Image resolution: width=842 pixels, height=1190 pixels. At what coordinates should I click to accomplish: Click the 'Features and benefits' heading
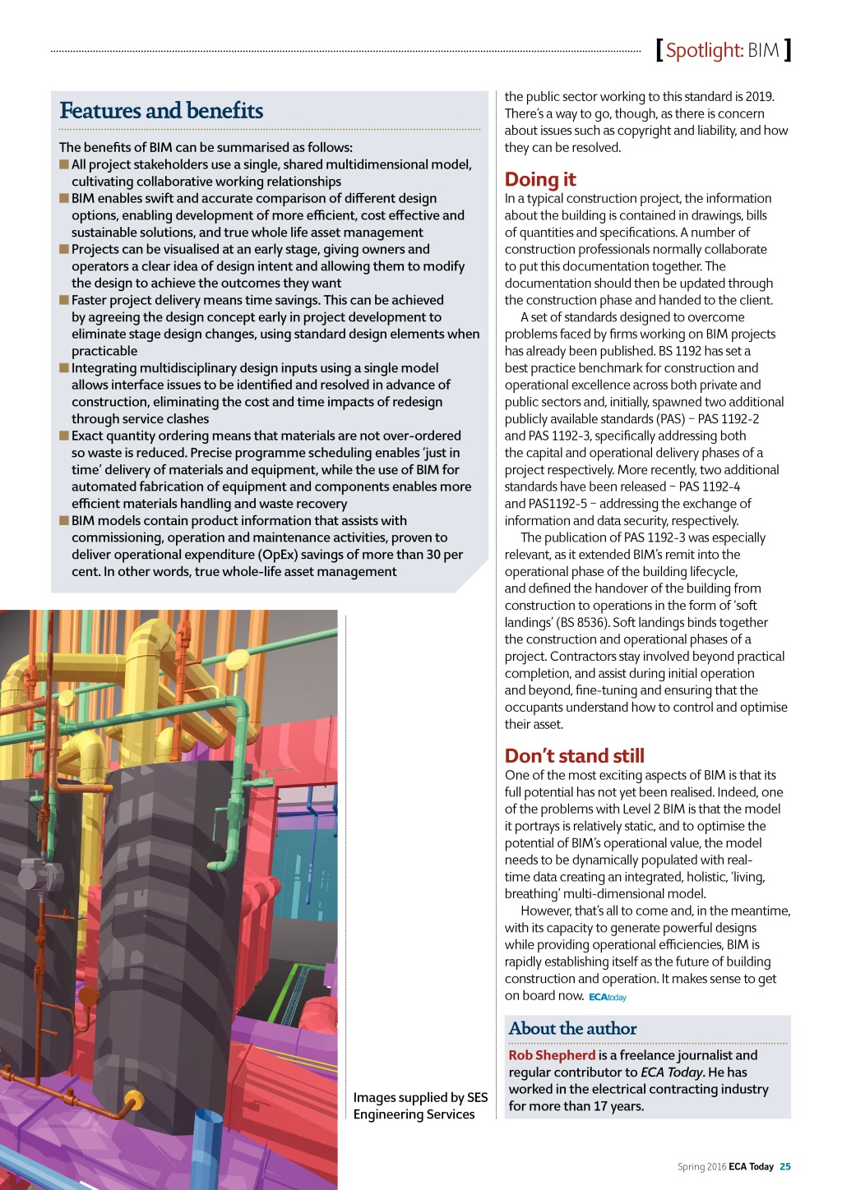tap(161, 111)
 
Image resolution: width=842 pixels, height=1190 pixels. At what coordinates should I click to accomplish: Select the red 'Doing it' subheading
tap(540, 179)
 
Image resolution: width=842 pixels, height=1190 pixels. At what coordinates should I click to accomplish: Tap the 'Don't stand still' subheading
tap(574, 755)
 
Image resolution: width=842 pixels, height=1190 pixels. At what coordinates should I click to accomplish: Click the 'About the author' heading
tap(572, 1028)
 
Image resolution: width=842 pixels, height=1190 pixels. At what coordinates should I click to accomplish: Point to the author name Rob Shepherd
tap(552, 1055)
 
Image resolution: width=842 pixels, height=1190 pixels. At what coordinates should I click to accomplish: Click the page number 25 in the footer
tap(785, 1166)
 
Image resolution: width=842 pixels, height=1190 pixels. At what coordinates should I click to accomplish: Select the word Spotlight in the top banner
tap(704, 50)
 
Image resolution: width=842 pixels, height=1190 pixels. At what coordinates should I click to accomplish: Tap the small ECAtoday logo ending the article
tap(608, 997)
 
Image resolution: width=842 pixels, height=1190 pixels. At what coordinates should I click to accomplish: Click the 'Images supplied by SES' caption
tap(420, 1097)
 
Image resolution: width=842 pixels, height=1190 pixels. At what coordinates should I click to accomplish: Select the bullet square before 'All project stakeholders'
tap(64, 164)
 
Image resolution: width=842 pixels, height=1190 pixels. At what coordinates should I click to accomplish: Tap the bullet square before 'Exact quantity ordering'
tap(64, 436)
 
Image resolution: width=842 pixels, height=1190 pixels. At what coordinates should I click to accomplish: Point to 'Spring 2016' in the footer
tap(701, 1166)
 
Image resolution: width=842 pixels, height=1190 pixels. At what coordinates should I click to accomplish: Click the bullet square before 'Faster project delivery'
tap(64, 300)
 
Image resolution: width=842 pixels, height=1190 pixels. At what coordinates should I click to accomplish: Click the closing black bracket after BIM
tap(788, 50)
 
